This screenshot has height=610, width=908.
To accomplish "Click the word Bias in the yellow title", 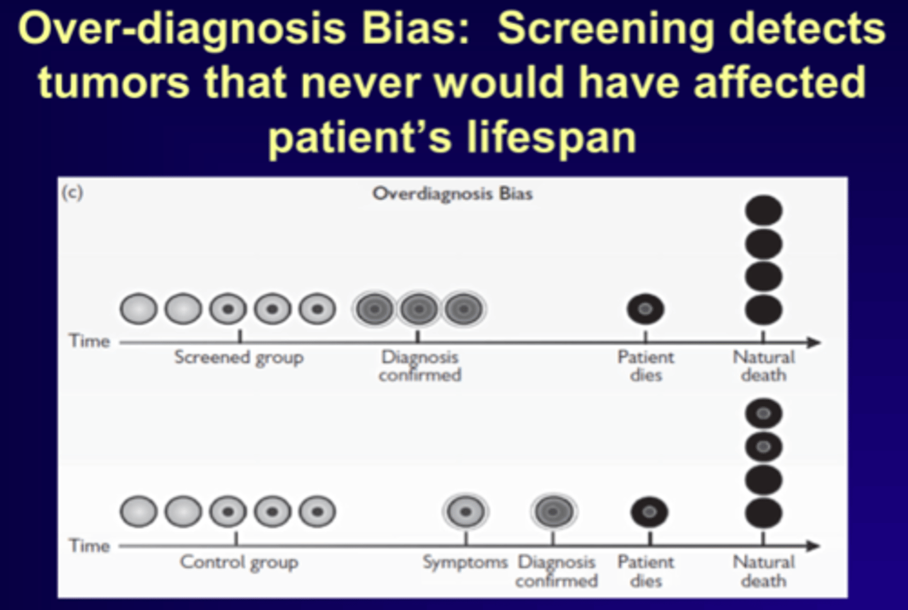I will point(417,28).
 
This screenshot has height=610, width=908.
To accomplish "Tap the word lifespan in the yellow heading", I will point(551,137).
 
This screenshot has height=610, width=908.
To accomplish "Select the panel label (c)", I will point(72,192).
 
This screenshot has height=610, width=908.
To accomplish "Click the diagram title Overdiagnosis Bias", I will point(452,193).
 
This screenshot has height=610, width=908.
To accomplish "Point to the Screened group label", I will point(238,357).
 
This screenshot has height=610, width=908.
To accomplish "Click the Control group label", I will point(238,561).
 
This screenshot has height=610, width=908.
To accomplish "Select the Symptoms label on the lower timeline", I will point(465,561).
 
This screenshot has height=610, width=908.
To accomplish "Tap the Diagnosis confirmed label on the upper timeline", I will point(419,366).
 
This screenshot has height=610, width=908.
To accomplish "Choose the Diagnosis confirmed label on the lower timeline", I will point(556,571).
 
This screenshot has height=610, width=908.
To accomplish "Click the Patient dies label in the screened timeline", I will point(645,366).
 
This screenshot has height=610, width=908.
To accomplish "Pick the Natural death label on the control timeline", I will point(763,571).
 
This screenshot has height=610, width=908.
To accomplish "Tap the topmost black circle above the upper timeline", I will point(763,211).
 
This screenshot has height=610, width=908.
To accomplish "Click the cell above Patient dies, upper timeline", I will point(645,309).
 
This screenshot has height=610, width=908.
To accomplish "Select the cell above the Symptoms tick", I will point(465,512).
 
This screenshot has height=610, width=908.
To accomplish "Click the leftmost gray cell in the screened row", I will point(138,309).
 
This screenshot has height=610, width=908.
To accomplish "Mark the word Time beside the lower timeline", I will point(90,545).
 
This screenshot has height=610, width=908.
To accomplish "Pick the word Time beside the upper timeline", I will point(90,341).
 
